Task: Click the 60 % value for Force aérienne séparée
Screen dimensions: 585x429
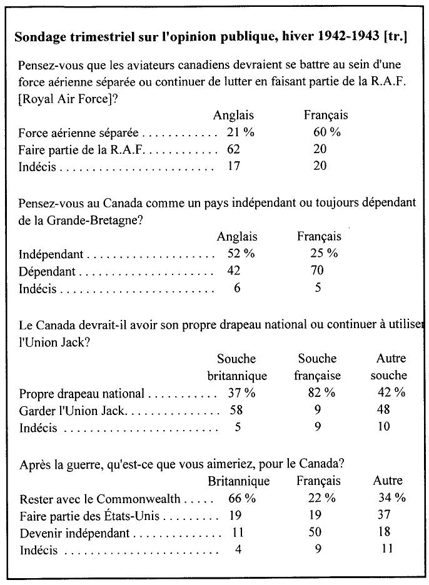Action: click(x=326, y=133)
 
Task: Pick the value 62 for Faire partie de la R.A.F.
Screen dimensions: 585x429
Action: click(x=234, y=150)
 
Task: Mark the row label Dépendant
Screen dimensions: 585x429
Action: click(x=47, y=272)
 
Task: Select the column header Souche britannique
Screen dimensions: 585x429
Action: click(x=237, y=367)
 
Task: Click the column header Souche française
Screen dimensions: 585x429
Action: click(x=318, y=367)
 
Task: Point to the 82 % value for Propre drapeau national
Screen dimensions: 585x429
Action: click(x=321, y=393)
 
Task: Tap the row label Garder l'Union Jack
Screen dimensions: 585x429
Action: click(x=73, y=410)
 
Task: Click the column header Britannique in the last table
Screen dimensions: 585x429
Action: click(x=239, y=481)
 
